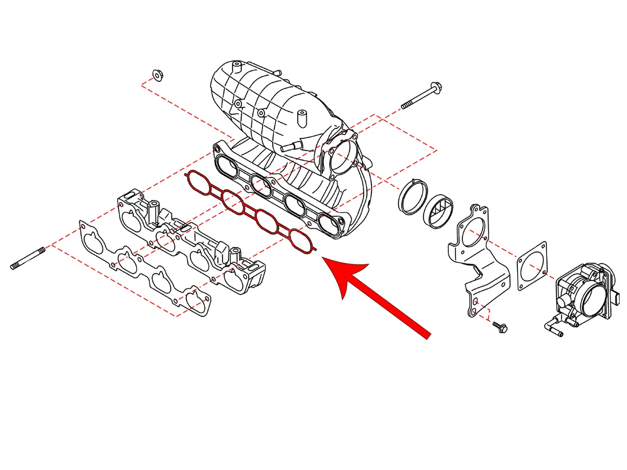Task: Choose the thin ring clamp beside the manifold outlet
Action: point(411,197)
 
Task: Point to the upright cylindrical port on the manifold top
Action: point(301,117)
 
